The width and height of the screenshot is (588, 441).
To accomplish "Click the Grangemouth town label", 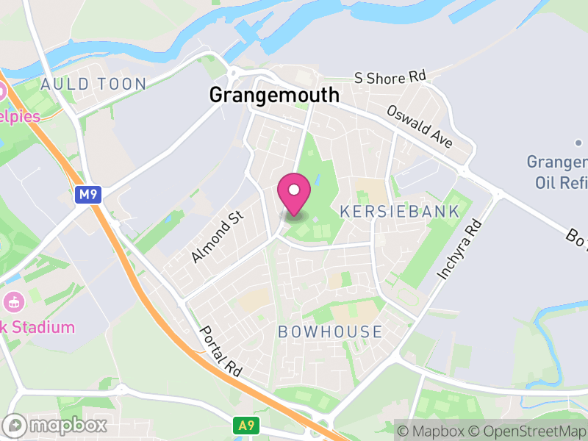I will [x=274, y=95].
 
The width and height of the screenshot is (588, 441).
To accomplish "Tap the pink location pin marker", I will [x=294, y=193].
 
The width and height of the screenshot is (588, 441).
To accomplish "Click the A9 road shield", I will [x=245, y=425].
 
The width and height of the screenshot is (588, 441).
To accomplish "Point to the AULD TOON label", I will [x=93, y=84].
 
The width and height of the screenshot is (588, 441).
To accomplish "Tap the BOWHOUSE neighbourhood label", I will [x=330, y=332].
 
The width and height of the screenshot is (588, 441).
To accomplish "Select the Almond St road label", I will [x=212, y=239].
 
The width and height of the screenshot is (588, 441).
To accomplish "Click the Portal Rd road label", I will [x=220, y=351].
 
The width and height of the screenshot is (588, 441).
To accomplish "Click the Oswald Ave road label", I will [x=420, y=126].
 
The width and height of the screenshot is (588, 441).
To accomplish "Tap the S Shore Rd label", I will [x=390, y=77].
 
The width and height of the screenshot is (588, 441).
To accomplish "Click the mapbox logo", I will [x=57, y=425].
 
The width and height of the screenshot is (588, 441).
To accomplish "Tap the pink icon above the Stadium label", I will [x=13, y=301].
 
